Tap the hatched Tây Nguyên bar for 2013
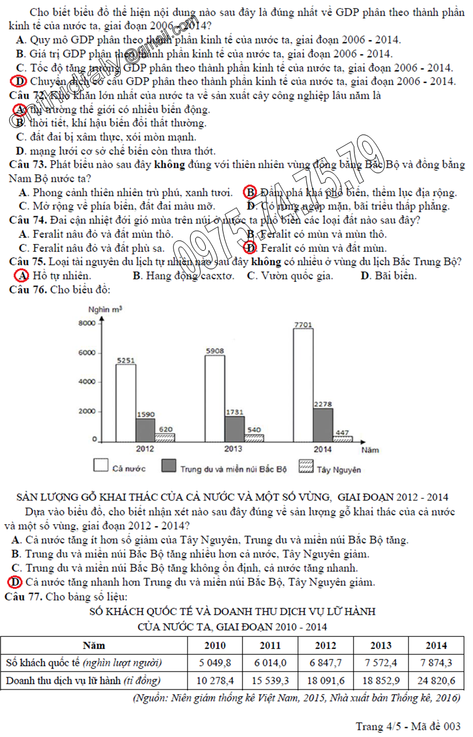(253, 438)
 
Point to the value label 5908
(214, 351)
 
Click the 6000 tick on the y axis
(87, 353)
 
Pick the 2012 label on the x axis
(144, 449)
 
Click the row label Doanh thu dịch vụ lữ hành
(83, 681)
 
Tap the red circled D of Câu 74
(249, 248)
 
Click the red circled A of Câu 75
(22, 276)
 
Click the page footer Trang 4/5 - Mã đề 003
(407, 726)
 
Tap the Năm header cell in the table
(94, 645)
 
